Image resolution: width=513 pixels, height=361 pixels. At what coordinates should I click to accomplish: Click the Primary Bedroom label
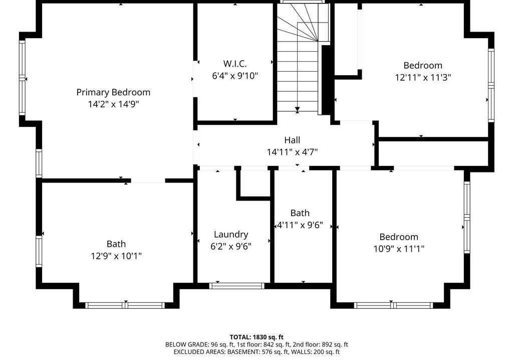point(113,93)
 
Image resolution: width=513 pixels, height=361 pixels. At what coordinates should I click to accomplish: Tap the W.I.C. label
point(235,64)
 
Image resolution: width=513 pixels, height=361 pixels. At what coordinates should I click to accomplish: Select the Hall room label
point(292,140)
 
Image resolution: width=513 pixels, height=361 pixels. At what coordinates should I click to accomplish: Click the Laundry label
point(231,235)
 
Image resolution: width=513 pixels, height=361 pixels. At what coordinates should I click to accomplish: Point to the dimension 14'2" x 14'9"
point(113,104)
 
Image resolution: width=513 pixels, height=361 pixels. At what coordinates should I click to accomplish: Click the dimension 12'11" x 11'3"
point(423,77)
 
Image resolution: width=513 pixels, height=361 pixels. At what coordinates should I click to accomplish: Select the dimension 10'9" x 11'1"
point(399,249)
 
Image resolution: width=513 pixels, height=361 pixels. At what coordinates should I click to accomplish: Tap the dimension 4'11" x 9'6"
point(300,225)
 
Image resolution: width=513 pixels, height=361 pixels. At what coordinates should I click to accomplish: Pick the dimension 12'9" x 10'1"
point(116,256)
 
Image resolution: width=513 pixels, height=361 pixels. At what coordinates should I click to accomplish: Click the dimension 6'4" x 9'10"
point(235,76)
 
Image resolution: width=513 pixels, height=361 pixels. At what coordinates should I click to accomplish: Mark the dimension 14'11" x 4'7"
point(292,152)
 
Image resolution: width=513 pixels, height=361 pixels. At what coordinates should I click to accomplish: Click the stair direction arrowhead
point(297,109)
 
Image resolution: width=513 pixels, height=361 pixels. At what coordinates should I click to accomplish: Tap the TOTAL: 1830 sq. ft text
point(256,337)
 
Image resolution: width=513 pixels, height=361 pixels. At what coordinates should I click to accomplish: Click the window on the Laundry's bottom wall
point(237,286)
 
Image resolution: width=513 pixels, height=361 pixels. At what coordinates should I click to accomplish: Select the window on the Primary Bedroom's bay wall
point(22,78)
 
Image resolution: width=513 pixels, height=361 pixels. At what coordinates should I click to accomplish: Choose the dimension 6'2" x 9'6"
point(231,246)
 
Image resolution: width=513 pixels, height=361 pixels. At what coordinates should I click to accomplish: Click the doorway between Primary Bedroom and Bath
point(148,180)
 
